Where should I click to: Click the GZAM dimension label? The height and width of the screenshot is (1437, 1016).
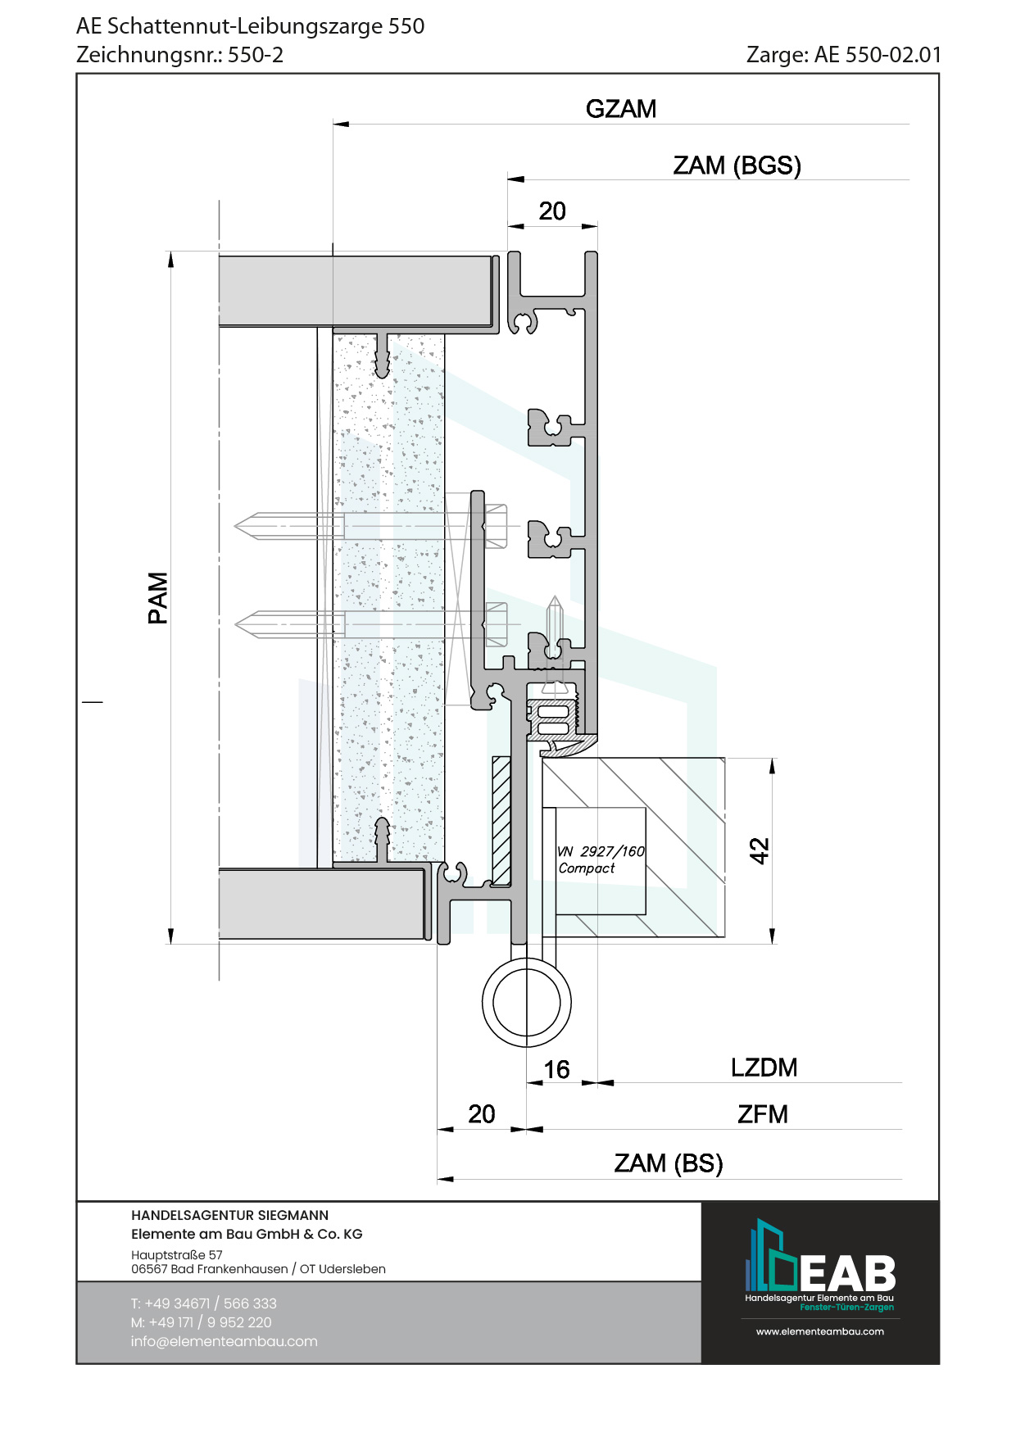(x=621, y=109)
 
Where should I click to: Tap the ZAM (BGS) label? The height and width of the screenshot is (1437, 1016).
(x=737, y=165)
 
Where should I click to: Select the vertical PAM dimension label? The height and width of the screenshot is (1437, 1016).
(x=158, y=598)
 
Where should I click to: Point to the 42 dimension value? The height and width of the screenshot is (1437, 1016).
(x=760, y=850)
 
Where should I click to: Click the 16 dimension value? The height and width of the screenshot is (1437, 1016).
(x=556, y=1069)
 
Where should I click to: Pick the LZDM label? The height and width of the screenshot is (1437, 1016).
(x=764, y=1068)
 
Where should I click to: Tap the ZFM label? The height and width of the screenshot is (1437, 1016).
(x=762, y=1114)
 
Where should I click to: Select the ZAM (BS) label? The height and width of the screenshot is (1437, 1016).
(x=669, y=1163)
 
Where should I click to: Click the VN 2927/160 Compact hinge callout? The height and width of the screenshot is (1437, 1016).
(x=601, y=859)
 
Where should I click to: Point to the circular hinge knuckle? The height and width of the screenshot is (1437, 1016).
(x=527, y=1002)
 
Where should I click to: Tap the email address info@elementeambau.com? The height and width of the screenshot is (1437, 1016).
(x=224, y=1341)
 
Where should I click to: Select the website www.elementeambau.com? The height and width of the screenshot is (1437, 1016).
(x=820, y=1331)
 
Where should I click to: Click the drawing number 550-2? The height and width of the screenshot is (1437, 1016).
(x=256, y=55)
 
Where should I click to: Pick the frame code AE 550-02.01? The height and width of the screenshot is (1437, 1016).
(x=878, y=55)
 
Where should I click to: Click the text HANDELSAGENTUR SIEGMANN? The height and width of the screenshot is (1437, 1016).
(x=229, y=1215)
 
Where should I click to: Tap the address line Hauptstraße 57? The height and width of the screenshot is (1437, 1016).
(x=176, y=1254)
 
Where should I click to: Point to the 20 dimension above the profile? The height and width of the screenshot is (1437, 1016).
(x=552, y=211)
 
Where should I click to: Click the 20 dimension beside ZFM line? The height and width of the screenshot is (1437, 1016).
(x=482, y=1114)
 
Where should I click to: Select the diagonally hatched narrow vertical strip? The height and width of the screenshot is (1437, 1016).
(x=501, y=820)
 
